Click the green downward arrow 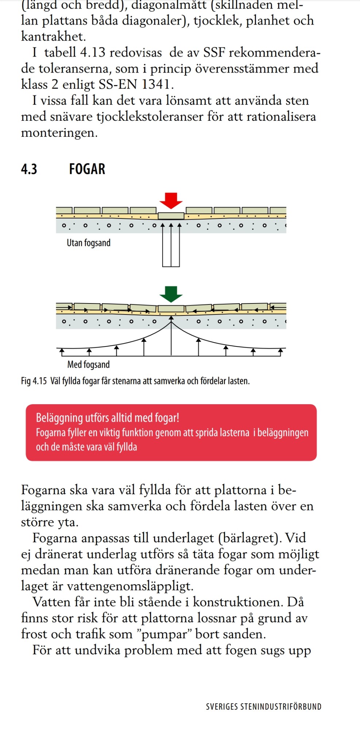(171, 294)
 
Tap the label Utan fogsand (88, 243)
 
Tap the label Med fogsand (88, 364)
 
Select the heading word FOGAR (87, 169)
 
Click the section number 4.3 (29, 169)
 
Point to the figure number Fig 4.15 (34, 381)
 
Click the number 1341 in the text (156, 85)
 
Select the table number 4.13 (93, 53)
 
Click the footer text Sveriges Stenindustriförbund (263, 707)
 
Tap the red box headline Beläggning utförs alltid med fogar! (107, 418)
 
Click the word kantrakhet (53, 36)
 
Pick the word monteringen (59, 133)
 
